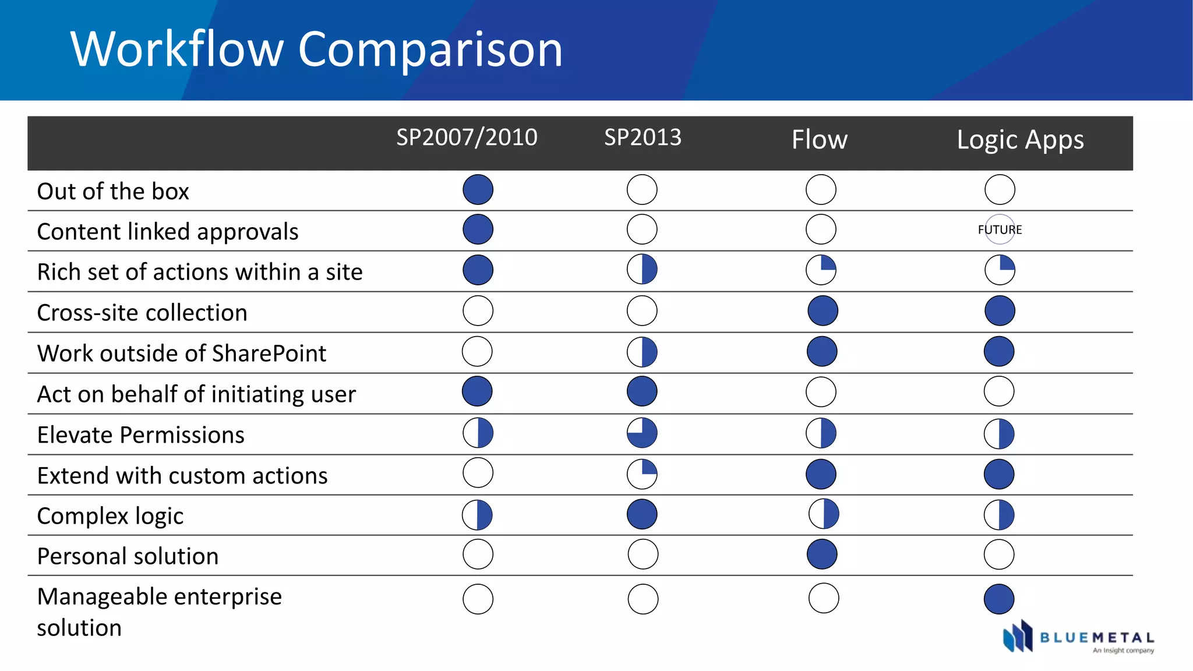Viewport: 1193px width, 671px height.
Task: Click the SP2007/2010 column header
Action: [x=467, y=137]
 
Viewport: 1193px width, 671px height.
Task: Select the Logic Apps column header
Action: [x=1020, y=140]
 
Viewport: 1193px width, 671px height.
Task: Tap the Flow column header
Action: [x=819, y=140]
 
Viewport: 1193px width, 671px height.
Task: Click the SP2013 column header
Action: [x=643, y=137]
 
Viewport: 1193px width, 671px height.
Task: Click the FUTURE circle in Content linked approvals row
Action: [x=1000, y=229]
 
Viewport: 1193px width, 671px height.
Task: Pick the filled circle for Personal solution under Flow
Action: [x=822, y=554]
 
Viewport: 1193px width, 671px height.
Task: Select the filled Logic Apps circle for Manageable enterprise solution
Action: [x=999, y=599]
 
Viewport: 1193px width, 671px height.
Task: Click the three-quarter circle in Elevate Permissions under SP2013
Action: [x=642, y=433]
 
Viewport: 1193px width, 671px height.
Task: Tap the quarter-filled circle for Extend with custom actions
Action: [x=642, y=474]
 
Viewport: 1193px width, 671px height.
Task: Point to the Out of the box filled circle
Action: [x=478, y=190]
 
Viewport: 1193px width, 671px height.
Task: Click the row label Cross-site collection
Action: [x=142, y=313]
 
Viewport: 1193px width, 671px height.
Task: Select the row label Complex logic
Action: [x=110, y=516]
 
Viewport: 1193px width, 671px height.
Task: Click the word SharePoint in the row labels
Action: [x=269, y=354]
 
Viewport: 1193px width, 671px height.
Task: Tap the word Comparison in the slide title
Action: [x=430, y=49]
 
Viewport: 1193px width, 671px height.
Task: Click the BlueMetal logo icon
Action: [x=1017, y=636]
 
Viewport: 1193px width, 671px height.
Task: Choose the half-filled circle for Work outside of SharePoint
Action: [x=642, y=352]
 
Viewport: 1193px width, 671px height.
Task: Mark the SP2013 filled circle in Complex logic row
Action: [x=642, y=514]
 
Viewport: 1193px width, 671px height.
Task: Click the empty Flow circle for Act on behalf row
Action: [x=821, y=392]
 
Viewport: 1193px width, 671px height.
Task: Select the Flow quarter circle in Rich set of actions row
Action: [x=821, y=270]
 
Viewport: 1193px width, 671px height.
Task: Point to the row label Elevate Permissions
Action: [x=140, y=435]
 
